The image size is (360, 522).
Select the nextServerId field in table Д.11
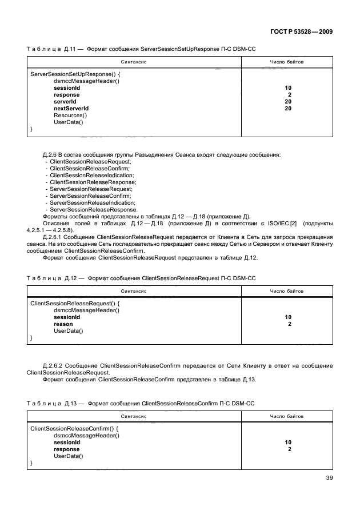pyautogui.click(x=71, y=108)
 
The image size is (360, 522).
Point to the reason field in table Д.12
pyautogui.click(x=63, y=324)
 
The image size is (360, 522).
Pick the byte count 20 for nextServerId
pyautogui.click(x=288, y=108)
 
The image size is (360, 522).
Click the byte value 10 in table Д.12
pyautogui.click(x=288, y=317)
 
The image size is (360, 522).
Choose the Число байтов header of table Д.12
pyautogui.click(x=287, y=291)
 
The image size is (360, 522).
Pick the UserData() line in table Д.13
pyautogui.click(x=68, y=456)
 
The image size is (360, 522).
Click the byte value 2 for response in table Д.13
pyautogui.click(x=290, y=449)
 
